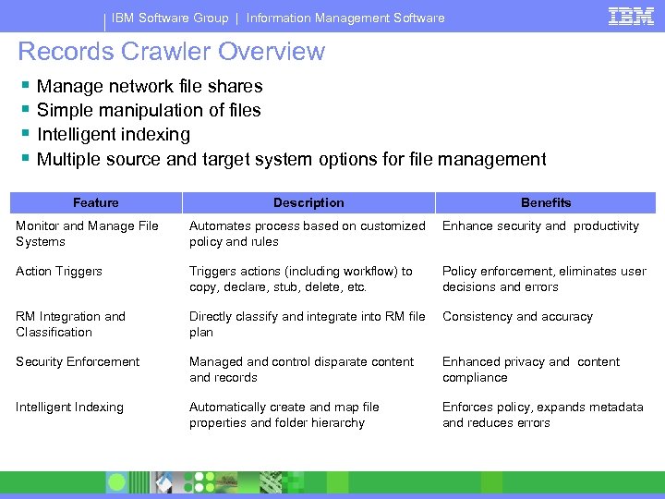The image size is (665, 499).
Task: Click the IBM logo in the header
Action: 631,17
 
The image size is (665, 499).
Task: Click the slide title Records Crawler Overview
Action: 172,52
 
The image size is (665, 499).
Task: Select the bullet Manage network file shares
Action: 150,86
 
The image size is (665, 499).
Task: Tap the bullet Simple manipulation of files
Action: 149,110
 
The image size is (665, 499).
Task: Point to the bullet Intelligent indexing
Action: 114,134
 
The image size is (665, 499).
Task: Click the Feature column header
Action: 96,202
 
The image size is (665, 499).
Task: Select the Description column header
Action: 308,202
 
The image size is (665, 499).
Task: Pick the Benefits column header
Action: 546,202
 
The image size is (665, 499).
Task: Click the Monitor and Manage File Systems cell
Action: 87,234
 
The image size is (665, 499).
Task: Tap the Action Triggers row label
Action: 59,272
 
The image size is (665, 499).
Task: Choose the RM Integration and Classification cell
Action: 70,324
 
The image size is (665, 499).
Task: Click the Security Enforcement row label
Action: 78,362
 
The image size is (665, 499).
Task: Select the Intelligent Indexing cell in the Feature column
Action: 69,408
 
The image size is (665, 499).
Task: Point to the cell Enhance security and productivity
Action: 540,226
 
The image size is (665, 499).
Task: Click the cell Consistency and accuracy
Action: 517,317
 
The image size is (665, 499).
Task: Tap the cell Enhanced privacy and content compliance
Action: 531,370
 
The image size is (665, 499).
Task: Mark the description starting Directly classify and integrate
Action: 308,324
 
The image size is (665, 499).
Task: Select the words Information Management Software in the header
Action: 345,18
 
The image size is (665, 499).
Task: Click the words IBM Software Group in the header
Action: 169,18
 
